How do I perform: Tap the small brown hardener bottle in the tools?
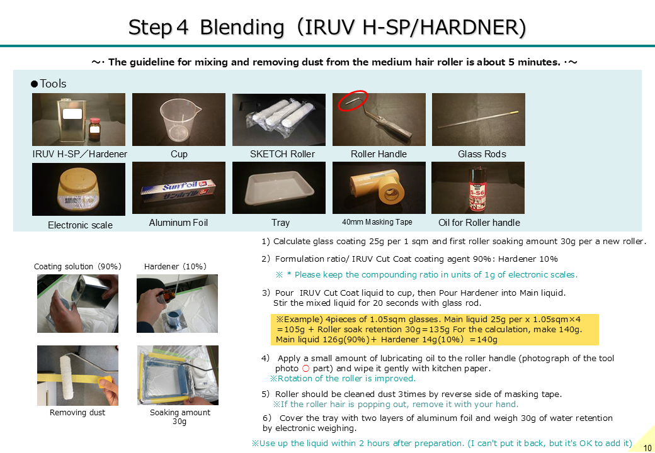[x=95, y=130]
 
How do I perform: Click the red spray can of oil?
[x=478, y=189]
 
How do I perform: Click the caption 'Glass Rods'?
[x=482, y=154]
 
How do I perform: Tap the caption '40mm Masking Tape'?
[x=377, y=222]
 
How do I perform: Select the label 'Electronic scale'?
[x=80, y=225]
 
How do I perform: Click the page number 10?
[x=647, y=448]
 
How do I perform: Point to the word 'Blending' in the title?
[x=242, y=27]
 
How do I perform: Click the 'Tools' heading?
[x=53, y=84]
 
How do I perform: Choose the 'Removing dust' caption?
[x=77, y=413]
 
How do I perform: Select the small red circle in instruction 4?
[x=305, y=368]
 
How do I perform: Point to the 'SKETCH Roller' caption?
[x=282, y=154]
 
